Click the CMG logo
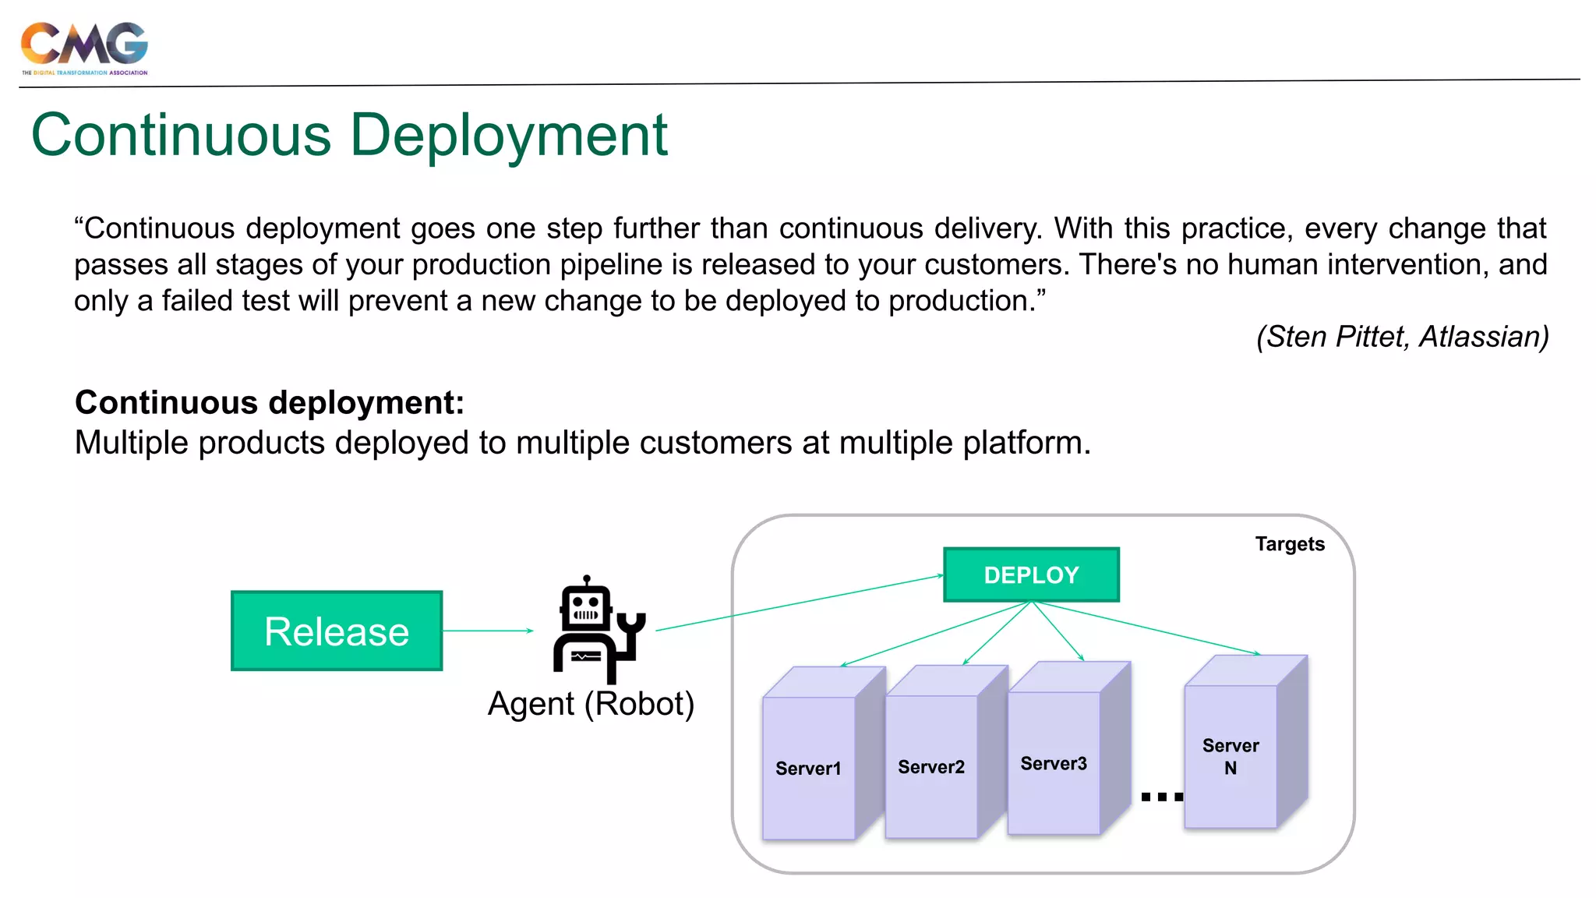(x=84, y=47)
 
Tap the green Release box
(x=337, y=631)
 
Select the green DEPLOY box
(x=1031, y=575)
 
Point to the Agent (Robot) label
(x=591, y=704)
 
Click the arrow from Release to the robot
(x=488, y=631)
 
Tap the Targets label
(x=1290, y=544)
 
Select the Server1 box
(x=809, y=767)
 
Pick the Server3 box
(x=1054, y=762)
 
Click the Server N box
(x=1231, y=755)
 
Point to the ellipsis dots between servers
(x=1162, y=797)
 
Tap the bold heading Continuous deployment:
(x=270, y=403)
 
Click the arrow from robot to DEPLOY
(x=799, y=603)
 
